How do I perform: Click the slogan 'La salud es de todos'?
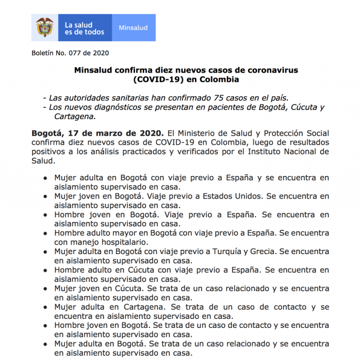(85, 28)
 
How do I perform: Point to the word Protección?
(280, 133)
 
